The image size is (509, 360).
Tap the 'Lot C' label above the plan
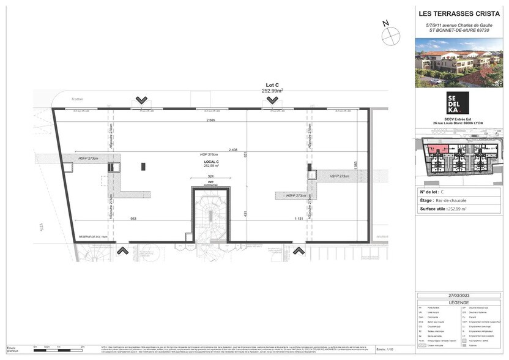(272, 84)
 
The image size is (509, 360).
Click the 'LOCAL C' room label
(212, 162)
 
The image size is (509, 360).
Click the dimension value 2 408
(233, 149)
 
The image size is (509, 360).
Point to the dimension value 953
(133, 219)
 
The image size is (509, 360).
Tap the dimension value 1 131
(299, 219)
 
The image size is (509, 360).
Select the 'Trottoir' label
(76, 99)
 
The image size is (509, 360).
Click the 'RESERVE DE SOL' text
(94, 237)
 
